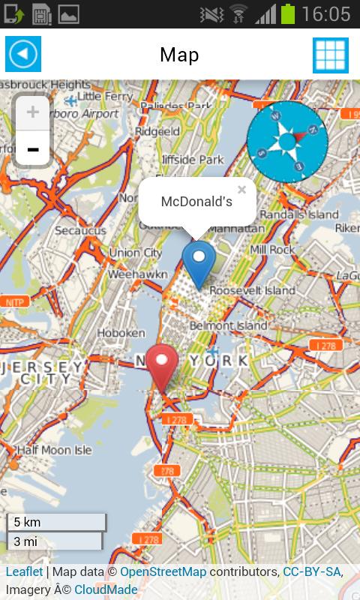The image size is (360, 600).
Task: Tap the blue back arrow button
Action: pyautogui.click(x=23, y=54)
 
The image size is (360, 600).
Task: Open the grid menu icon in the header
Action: pyautogui.click(x=330, y=55)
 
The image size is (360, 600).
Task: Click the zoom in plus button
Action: pyautogui.click(x=33, y=112)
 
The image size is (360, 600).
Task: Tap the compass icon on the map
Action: pyautogui.click(x=287, y=141)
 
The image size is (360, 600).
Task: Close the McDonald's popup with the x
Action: pyautogui.click(x=241, y=190)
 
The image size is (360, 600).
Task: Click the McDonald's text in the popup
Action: pyautogui.click(x=196, y=202)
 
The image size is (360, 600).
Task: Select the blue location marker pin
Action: pyautogui.click(x=199, y=262)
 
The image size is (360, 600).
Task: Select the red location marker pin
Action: pyautogui.click(x=161, y=365)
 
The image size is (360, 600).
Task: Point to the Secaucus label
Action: pyautogui.click(x=80, y=230)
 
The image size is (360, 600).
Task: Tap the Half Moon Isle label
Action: pyautogui.click(x=54, y=451)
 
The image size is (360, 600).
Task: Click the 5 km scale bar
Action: pyautogui.click(x=57, y=522)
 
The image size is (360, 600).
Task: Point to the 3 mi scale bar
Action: pyautogui.click(x=54, y=541)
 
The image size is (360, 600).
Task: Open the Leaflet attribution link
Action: pyautogui.click(x=24, y=572)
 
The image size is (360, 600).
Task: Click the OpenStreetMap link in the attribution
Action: pyautogui.click(x=163, y=572)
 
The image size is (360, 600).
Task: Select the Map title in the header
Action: pyautogui.click(x=179, y=55)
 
